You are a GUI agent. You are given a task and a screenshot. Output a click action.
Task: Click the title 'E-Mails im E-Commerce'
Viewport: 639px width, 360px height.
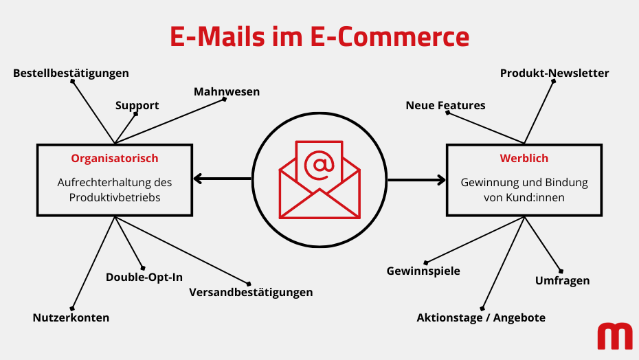click(319, 36)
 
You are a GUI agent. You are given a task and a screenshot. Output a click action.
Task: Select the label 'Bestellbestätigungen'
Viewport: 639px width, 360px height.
click(71, 73)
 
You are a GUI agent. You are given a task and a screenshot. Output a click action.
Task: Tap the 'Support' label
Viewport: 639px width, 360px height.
click(137, 105)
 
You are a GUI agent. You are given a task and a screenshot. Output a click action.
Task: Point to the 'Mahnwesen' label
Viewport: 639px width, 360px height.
click(227, 91)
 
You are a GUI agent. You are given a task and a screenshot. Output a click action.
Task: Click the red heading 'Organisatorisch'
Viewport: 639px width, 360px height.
click(115, 158)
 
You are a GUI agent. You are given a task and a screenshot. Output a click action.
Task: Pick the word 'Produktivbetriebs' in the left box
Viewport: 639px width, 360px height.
click(115, 197)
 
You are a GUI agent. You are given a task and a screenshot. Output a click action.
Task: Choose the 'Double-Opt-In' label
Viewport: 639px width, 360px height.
click(144, 278)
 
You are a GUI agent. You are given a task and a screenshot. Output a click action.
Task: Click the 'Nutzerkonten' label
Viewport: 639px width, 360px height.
click(71, 317)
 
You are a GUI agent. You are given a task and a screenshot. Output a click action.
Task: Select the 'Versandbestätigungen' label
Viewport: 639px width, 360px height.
click(251, 292)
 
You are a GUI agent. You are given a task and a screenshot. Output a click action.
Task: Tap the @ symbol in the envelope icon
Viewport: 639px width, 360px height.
click(319, 164)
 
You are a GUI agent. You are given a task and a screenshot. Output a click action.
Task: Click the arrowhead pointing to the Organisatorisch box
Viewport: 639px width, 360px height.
click(198, 180)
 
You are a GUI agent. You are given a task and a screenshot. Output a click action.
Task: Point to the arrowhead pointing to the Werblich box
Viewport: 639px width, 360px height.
click(441, 180)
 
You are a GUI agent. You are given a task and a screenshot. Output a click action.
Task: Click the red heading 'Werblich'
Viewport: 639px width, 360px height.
click(524, 158)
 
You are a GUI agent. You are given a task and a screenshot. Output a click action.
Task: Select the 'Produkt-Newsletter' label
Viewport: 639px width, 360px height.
click(554, 73)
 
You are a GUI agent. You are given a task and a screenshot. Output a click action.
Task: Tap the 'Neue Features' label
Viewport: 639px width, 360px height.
click(445, 105)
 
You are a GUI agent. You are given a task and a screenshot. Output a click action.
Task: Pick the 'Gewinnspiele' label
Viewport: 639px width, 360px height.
click(423, 271)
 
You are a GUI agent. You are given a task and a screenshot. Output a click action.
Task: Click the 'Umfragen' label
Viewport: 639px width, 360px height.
click(562, 280)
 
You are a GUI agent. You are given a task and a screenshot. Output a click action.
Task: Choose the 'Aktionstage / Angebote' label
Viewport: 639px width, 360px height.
click(481, 317)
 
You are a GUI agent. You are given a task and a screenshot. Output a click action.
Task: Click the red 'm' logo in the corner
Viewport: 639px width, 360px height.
click(614, 336)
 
